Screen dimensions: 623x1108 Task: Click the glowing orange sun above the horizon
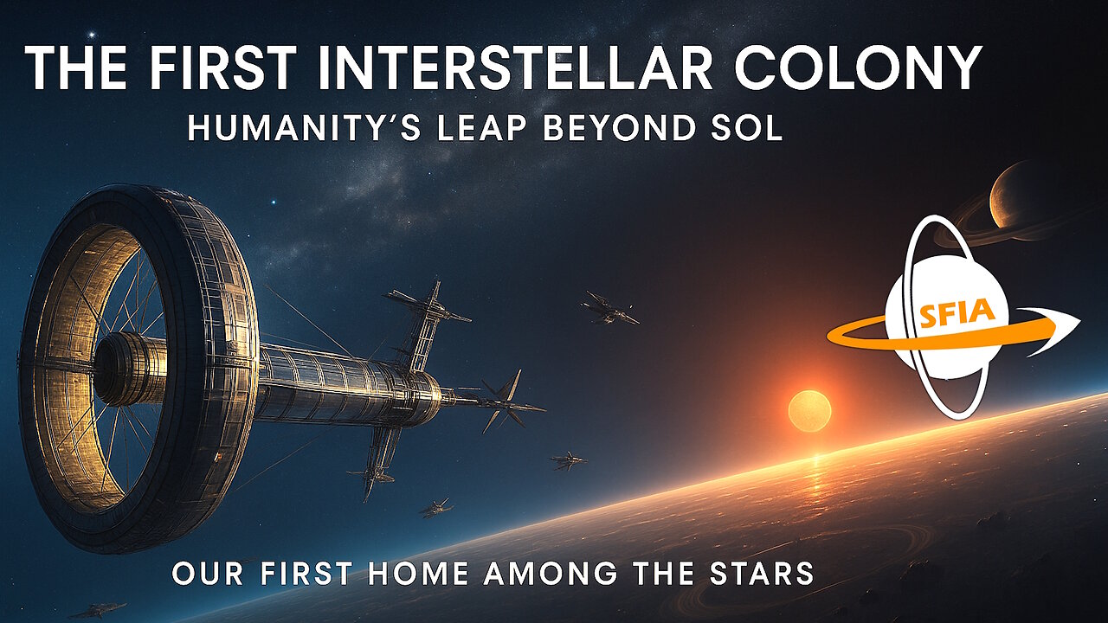coord(809,409)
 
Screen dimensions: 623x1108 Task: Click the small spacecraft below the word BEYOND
coord(609,308)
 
